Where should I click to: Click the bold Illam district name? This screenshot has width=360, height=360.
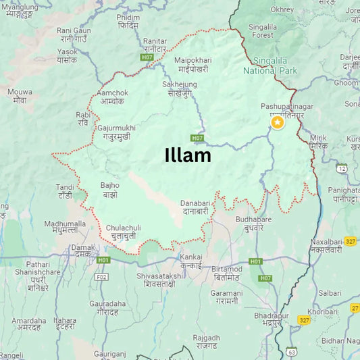188,155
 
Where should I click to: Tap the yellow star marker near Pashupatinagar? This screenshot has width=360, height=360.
277,122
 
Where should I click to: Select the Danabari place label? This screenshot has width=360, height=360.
197,207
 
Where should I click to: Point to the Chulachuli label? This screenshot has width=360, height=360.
123,232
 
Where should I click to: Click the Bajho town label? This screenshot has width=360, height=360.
109,189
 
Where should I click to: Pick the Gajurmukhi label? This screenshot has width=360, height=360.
116,132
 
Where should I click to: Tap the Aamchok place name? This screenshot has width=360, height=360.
112,97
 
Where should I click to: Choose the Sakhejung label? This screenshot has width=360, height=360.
180,88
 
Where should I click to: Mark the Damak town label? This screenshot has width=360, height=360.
83,251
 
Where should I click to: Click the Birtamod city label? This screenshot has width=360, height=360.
226,274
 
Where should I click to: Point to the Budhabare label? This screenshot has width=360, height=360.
253,224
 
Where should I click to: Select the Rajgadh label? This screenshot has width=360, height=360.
206,341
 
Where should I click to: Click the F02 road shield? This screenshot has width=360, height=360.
102,276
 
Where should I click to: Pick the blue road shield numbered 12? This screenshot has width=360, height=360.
342,168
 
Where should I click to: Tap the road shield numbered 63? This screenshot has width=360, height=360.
291,352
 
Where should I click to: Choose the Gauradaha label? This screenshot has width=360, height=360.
107,308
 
